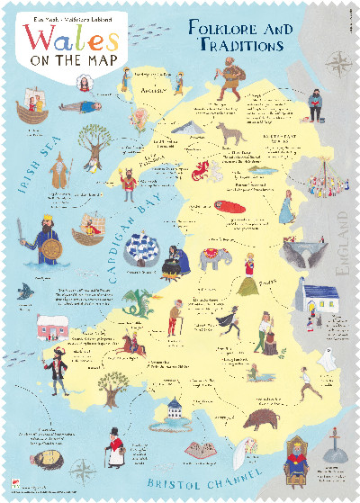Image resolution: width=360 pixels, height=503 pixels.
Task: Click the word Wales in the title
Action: tap(71, 40)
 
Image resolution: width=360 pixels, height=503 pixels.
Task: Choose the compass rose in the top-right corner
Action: tap(338, 64)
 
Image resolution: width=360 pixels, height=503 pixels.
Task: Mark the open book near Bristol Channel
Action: tap(198, 447)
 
